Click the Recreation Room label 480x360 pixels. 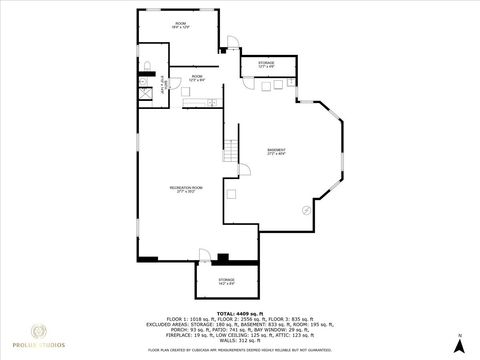point(182,188)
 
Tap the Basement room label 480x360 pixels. point(276,152)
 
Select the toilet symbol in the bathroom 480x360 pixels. point(146,66)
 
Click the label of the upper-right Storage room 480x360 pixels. point(267,64)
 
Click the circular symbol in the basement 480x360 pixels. point(304,209)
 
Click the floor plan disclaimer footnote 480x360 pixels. point(239,351)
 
